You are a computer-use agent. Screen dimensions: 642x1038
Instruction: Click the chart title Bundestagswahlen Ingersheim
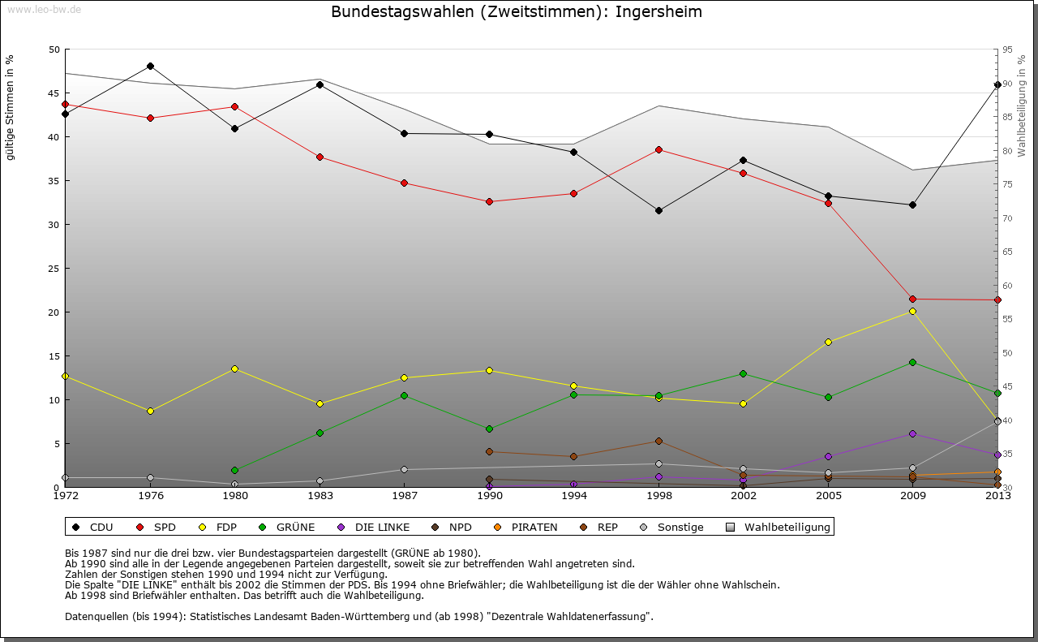[x=517, y=12]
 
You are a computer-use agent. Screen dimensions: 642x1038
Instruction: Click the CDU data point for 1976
[x=150, y=66]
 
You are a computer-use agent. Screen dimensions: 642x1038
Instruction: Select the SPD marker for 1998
[x=658, y=149]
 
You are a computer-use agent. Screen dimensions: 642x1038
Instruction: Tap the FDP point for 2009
[x=912, y=311]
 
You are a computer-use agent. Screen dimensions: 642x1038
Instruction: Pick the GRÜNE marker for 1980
[x=234, y=470]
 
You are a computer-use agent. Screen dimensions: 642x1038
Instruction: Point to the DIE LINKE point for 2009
[x=912, y=433]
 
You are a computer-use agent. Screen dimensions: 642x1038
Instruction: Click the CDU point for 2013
[x=997, y=84]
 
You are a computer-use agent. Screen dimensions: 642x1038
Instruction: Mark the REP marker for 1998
[x=658, y=441]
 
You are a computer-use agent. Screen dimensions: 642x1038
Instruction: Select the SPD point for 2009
[x=912, y=299]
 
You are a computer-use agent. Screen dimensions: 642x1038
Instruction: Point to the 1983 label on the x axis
[x=320, y=495]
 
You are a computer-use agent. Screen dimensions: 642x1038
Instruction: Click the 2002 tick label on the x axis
[x=743, y=495]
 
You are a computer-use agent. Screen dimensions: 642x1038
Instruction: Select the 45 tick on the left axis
[x=54, y=93]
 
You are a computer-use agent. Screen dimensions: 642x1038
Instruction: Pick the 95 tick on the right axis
[x=1007, y=50]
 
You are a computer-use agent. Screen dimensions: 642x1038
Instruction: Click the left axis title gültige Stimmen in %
[x=10, y=107]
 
